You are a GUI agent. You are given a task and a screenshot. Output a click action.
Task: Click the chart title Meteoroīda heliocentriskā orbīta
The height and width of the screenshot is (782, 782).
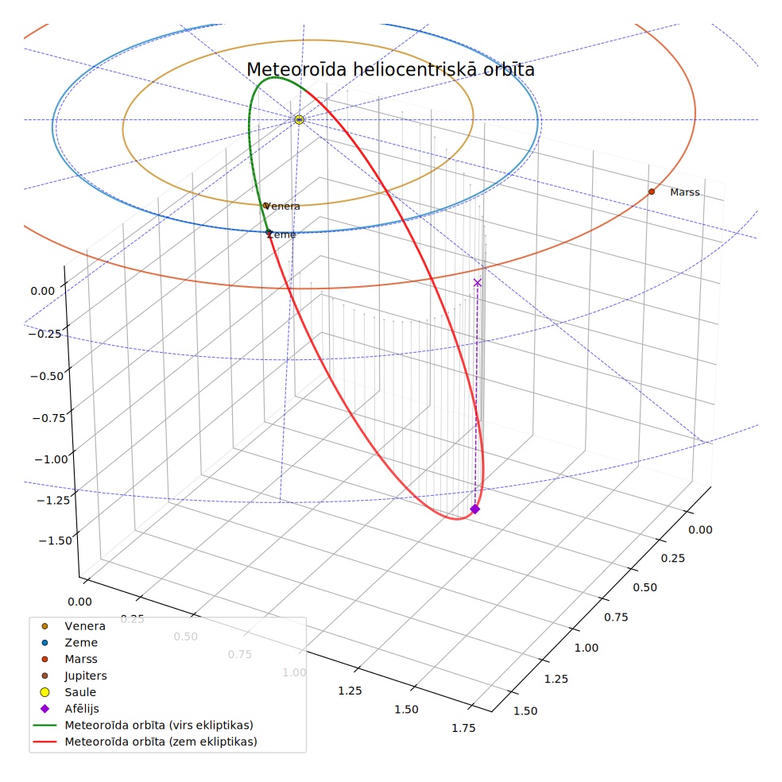(390, 69)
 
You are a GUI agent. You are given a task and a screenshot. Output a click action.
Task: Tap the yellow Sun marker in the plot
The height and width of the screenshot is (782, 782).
(300, 120)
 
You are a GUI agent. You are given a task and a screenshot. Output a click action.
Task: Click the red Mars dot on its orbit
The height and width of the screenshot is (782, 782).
(652, 192)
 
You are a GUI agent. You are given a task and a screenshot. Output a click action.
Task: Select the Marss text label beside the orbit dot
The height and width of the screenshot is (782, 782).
(685, 192)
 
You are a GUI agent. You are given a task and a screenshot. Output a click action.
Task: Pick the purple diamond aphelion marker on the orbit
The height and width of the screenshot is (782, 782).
(474, 509)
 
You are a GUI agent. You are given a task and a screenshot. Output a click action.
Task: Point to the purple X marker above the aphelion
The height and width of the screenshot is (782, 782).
(478, 283)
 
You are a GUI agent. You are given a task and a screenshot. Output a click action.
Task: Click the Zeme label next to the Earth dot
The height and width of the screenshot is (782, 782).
(281, 234)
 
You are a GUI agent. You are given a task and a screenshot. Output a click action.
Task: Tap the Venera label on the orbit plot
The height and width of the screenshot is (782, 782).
(282, 207)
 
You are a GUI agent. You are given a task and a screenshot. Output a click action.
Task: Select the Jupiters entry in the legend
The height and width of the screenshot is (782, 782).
(86, 676)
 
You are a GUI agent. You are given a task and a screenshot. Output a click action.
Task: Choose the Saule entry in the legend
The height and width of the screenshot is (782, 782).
(80, 692)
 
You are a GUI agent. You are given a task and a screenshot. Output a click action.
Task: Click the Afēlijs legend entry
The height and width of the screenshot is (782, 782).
(82, 709)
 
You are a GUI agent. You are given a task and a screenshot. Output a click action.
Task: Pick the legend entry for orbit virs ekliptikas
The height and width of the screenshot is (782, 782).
(159, 725)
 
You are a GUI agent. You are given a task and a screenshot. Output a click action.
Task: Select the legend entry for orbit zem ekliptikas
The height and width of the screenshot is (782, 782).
(161, 741)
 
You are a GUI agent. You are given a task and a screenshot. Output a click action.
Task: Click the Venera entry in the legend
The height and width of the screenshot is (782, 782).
(85, 626)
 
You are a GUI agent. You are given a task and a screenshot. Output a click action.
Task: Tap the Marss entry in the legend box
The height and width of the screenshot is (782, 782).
(81, 660)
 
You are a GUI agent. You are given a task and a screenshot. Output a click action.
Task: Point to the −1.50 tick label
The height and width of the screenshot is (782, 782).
(56, 540)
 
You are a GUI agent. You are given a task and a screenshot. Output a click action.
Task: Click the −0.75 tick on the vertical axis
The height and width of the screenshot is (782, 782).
(49, 418)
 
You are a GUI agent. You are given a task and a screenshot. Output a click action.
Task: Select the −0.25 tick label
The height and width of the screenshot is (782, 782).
(45, 334)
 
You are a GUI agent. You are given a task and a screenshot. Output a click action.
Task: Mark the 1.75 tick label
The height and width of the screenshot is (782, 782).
(464, 728)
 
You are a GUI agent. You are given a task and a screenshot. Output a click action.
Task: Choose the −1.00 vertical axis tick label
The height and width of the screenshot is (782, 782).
(51, 459)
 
